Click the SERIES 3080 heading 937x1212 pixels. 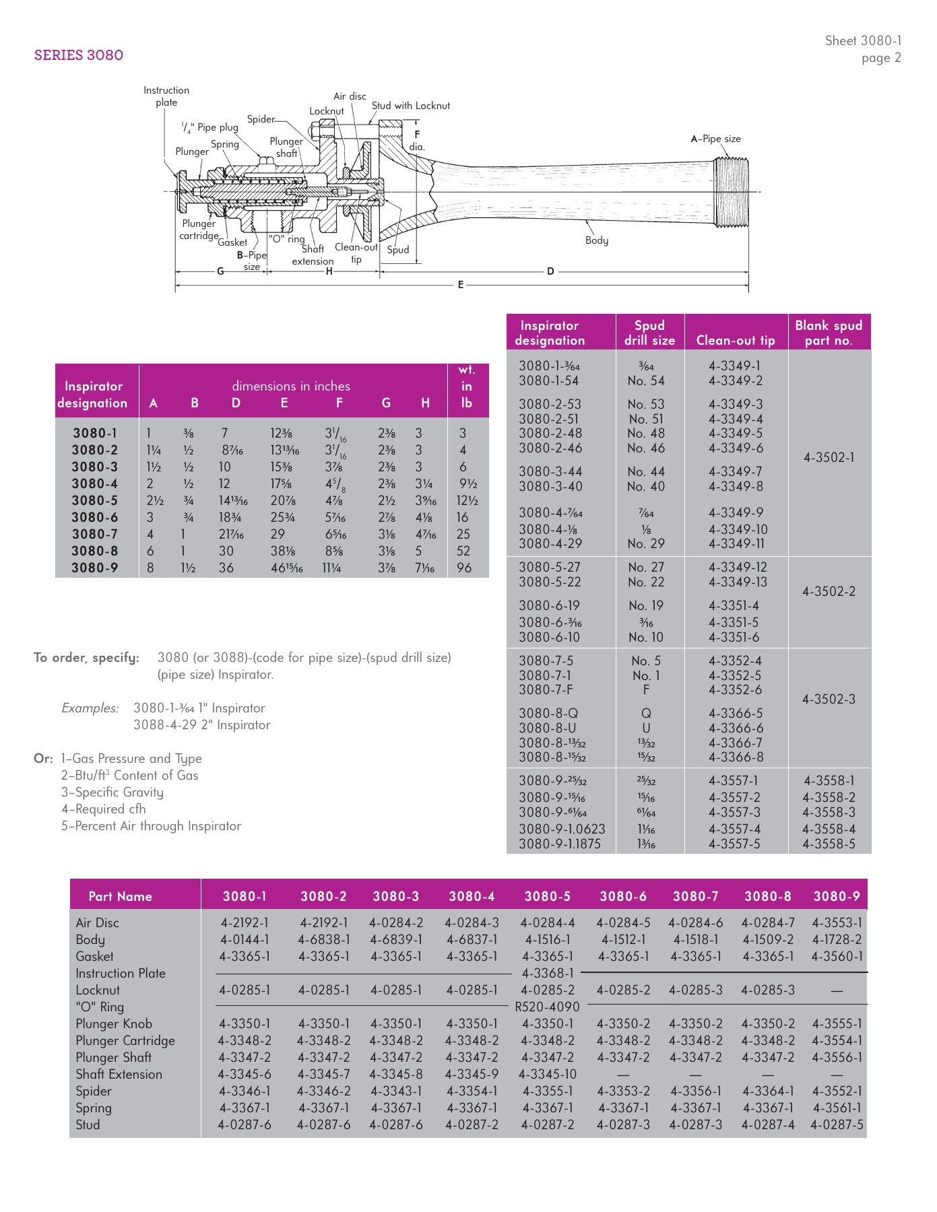[x=79, y=55]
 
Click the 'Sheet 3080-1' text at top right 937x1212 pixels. [x=863, y=41]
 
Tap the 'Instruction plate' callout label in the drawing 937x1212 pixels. [x=166, y=96]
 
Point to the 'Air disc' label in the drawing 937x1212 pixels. [x=350, y=96]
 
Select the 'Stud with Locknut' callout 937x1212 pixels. [x=410, y=106]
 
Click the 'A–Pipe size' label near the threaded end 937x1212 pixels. [x=715, y=139]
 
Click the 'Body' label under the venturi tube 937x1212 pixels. [x=596, y=240]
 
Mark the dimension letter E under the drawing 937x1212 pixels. [x=461, y=285]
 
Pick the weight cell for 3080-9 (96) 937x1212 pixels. [x=464, y=568]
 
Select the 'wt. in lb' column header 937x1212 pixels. [x=466, y=386]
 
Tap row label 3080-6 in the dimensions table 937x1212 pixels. [x=95, y=517]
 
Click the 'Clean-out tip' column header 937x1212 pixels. [x=736, y=340]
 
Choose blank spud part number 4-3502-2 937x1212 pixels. [x=829, y=591]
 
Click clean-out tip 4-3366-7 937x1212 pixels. [x=736, y=743]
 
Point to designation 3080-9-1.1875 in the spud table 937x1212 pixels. [x=560, y=844]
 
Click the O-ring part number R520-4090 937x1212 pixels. [x=547, y=1007]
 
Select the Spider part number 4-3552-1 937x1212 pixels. [x=837, y=1091]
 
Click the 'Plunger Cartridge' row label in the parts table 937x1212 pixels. [x=125, y=1040]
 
